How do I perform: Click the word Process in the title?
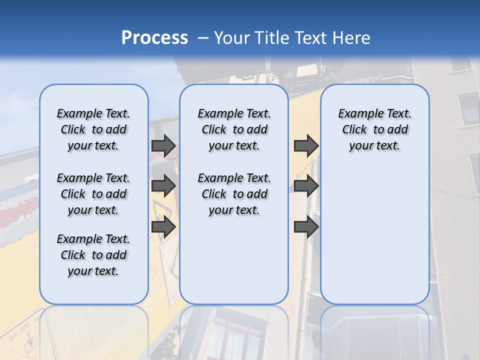coord(154,38)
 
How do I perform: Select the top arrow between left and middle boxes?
coord(163,146)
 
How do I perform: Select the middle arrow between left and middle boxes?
coord(163,186)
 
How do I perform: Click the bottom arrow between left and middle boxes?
coord(163,227)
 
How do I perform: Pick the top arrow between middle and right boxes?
coord(306,146)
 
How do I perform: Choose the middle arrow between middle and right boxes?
coord(306,186)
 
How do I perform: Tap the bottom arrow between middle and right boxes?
coord(306,227)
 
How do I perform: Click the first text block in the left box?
coord(93,129)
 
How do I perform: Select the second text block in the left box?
coord(93,194)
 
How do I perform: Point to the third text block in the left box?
coord(93,255)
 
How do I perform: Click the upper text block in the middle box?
coord(234,129)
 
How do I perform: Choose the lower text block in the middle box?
coord(234,194)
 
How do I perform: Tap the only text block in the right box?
coord(374,129)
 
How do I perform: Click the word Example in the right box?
coord(356,114)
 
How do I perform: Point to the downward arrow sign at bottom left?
coord(30,341)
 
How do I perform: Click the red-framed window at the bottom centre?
coord(235,335)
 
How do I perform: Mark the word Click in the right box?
coord(354,130)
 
